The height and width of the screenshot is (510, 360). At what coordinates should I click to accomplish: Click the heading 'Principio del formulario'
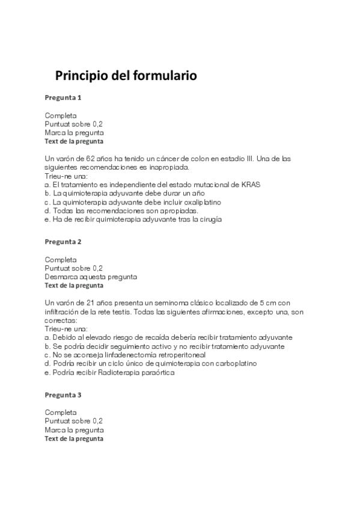126,76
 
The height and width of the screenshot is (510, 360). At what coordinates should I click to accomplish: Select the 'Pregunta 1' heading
63,97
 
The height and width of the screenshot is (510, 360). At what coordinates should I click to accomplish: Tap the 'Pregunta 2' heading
63,242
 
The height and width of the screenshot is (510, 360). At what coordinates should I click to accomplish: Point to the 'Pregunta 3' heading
63,395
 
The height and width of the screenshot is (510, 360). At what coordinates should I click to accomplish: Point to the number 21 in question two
76,303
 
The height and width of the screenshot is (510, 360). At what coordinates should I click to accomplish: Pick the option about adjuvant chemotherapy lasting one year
125,193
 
